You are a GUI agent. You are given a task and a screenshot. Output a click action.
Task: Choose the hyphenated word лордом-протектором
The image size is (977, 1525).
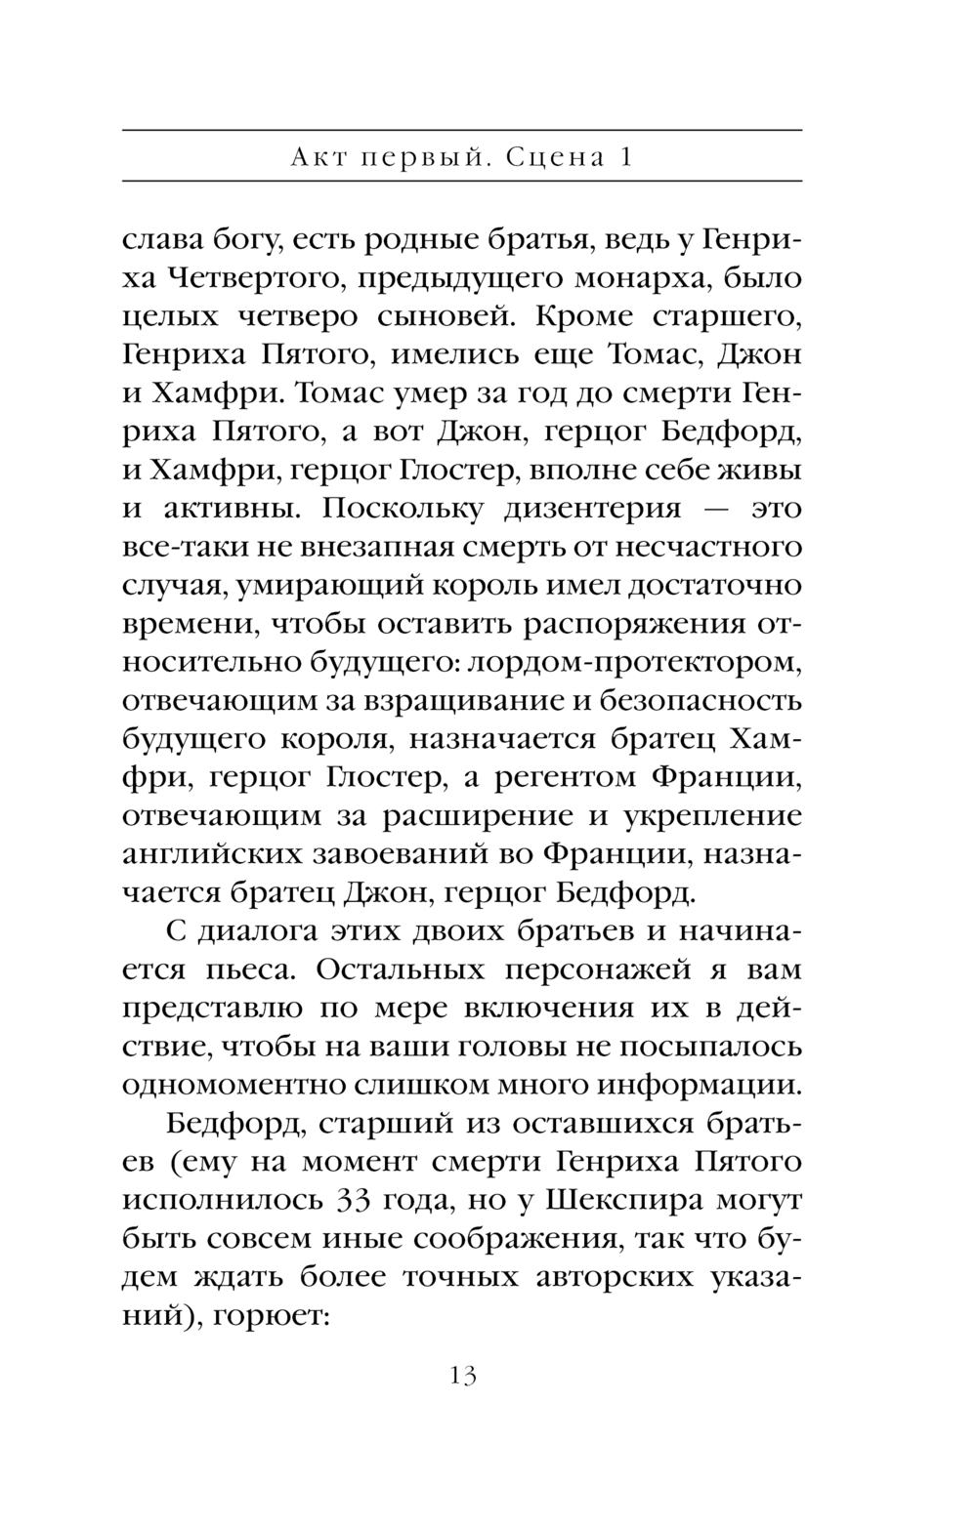click(636, 663)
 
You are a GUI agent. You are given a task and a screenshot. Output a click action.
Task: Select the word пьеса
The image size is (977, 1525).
click(233, 970)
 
